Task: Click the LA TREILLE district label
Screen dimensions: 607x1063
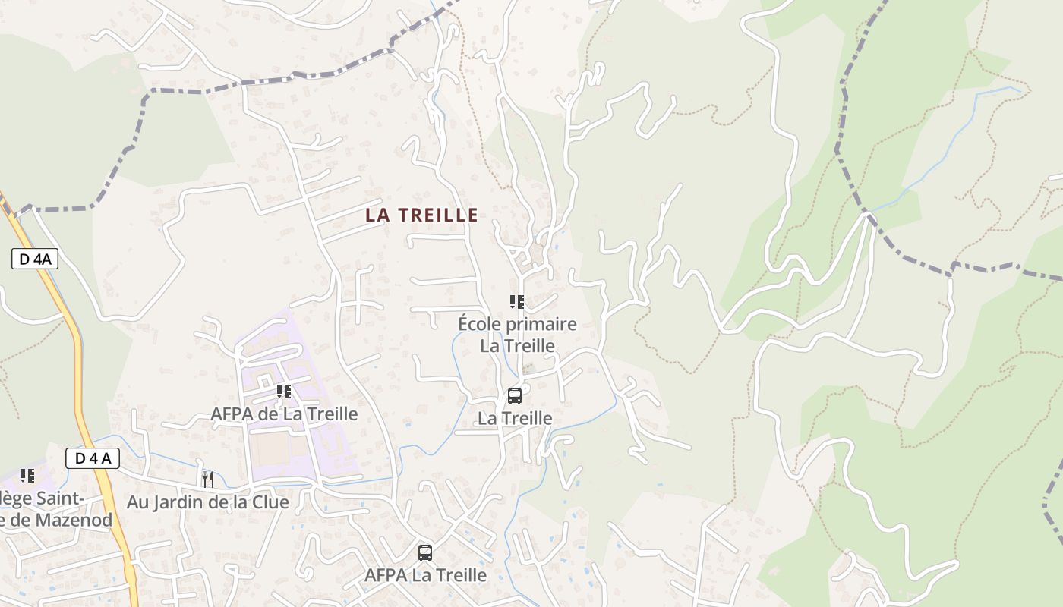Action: coord(421,215)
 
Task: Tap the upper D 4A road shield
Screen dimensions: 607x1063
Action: coord(35,259)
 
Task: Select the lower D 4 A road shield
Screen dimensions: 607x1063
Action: coord(93,458)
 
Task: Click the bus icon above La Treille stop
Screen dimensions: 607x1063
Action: coord(515,396)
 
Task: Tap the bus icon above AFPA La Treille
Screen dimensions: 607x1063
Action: coord(425,553)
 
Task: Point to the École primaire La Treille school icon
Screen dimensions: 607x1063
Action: coord(517,302)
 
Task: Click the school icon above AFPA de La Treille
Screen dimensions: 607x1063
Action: coord(284,392)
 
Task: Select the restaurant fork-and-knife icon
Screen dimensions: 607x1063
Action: coord(207,479)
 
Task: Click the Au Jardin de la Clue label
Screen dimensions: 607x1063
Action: coord(207,502)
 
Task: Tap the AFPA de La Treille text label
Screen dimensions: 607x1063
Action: coord(284,414)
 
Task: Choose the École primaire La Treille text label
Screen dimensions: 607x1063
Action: coord(517,335)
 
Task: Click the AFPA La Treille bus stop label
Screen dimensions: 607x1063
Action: coord(425,575)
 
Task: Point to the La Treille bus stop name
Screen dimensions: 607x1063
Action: coord(515,418)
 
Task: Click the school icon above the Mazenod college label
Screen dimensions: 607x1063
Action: coord(27,476)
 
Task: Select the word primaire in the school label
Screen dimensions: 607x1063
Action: coord(539,325)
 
